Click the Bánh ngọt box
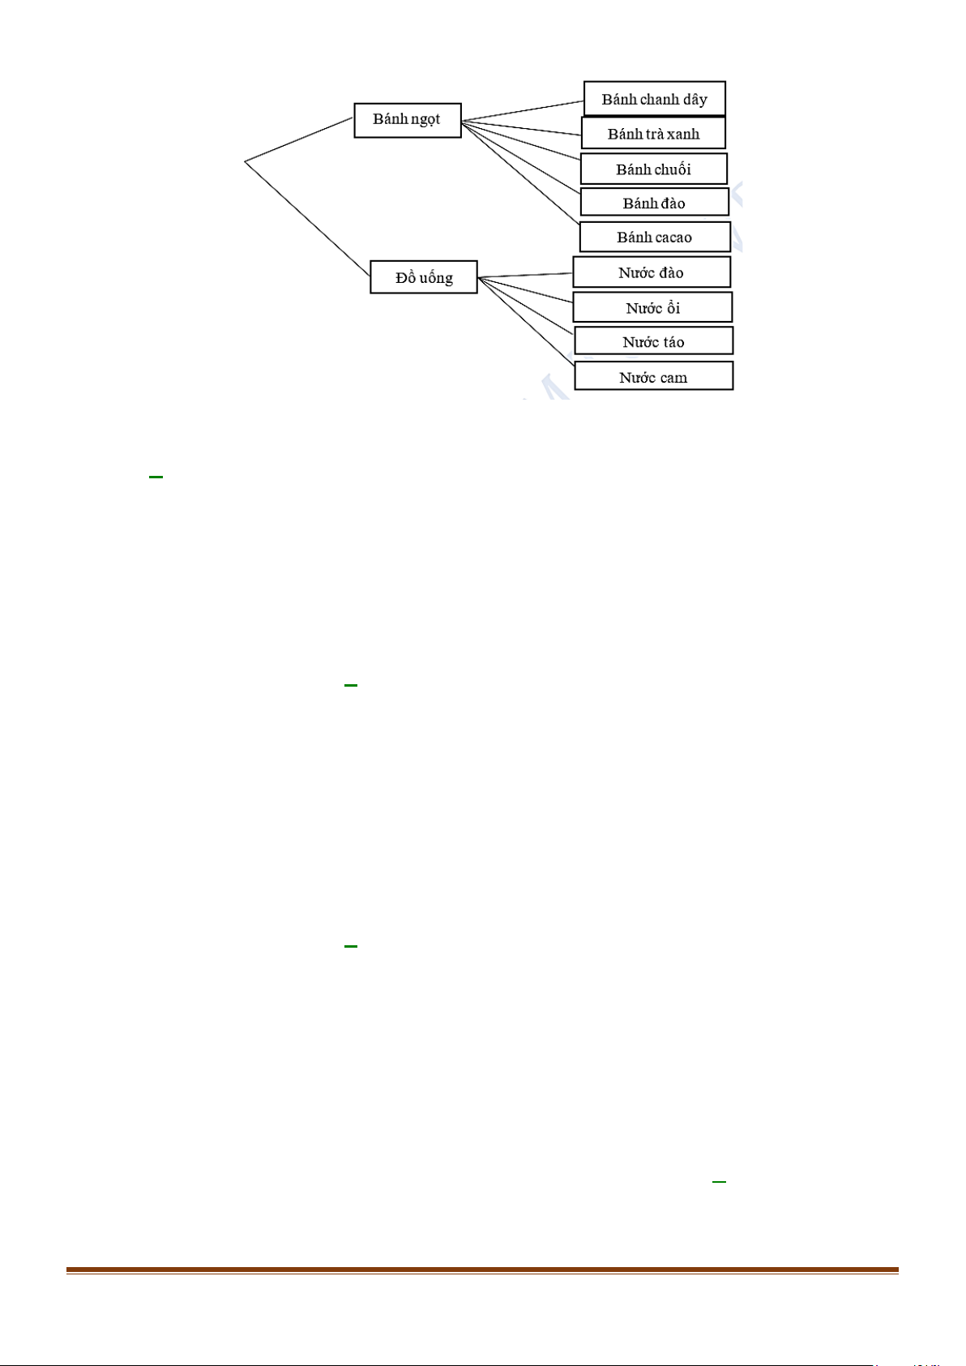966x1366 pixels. click(407, 120)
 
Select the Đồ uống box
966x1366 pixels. click(424, 277)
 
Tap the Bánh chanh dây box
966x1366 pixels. click(655, 99)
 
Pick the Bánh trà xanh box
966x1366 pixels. click(653, 133)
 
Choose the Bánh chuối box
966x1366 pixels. click(653, 169)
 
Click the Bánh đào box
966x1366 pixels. click(654, 202)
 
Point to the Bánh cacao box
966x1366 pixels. click(655, 237)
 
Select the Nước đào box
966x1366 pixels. click(652, 272)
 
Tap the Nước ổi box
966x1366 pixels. click(652, 306)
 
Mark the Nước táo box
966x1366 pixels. click(653, 340)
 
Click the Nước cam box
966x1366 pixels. click(653, 375)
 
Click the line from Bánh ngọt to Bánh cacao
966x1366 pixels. click(520, 173)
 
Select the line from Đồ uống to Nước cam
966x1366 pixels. click(526, 321)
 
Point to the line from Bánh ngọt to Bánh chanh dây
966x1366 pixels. click(523, 110)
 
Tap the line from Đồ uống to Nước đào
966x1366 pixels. click(525, 275)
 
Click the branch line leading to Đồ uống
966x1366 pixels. click(307, 218)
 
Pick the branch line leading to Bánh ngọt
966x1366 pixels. click(299, 139)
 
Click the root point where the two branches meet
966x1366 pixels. click(245, 161)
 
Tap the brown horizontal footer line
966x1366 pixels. click(482, 1270)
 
